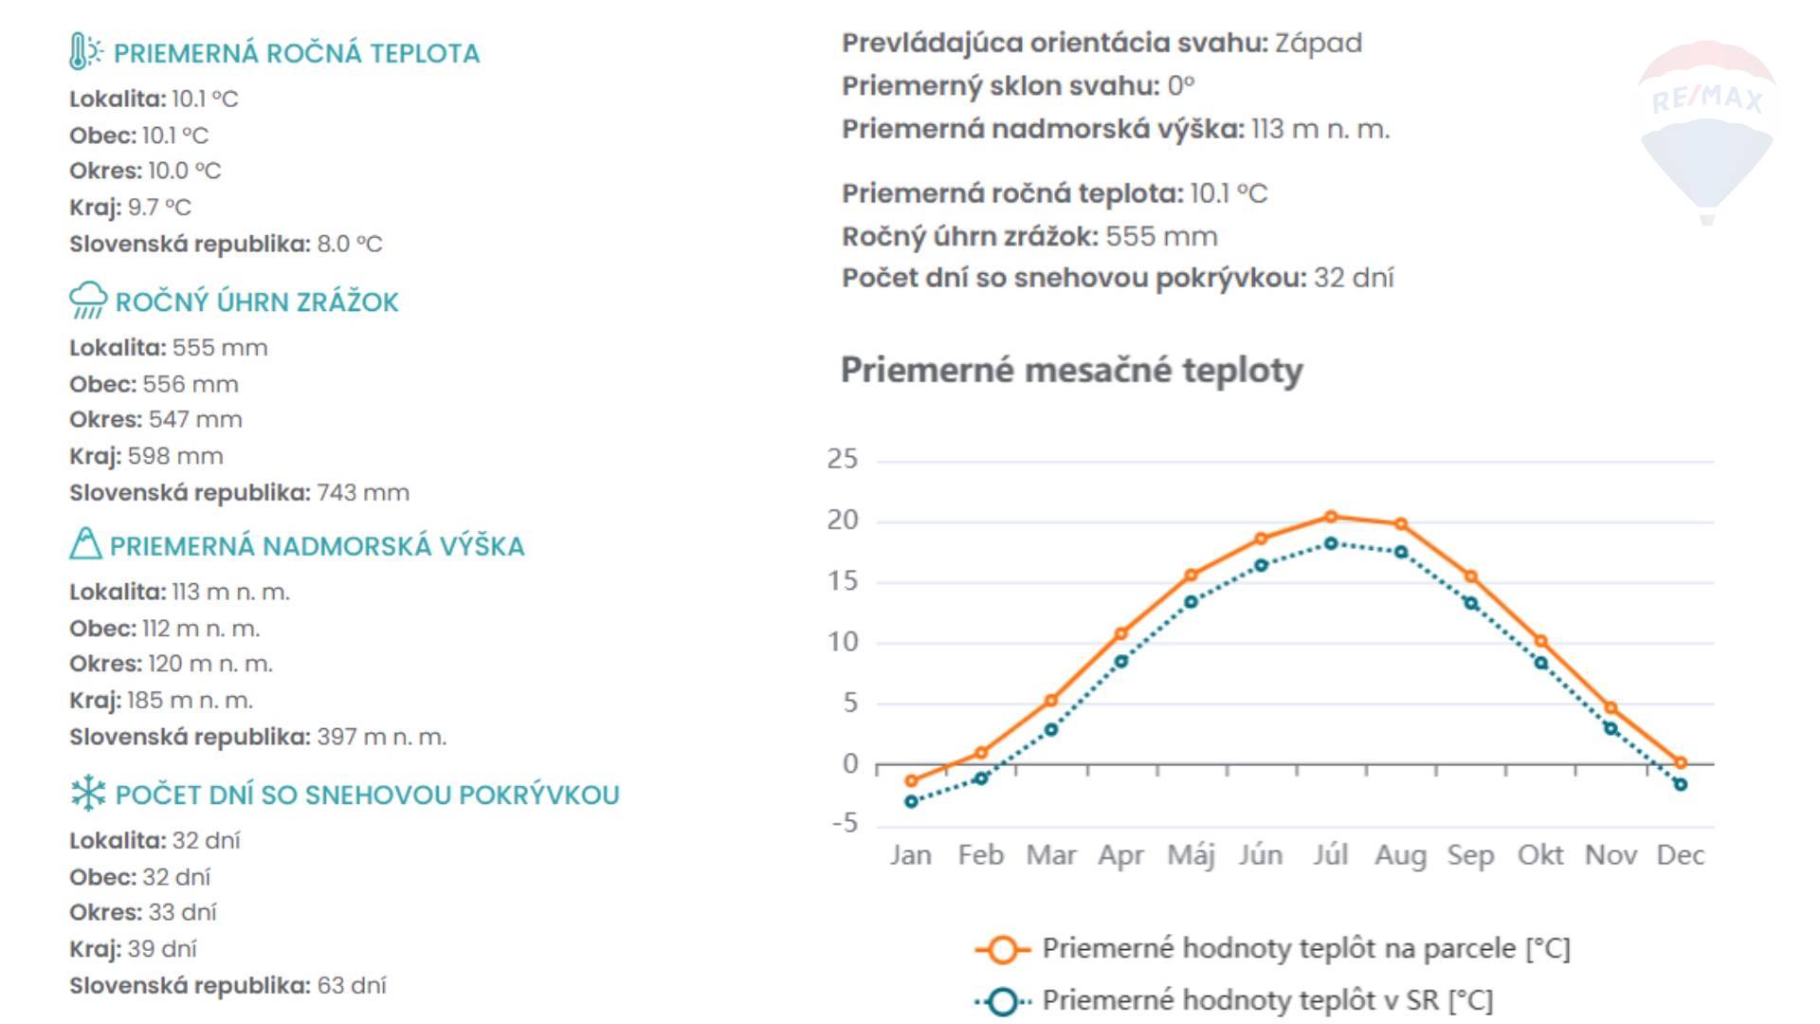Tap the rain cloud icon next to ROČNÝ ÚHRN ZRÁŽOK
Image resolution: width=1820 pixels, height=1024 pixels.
point(88,301)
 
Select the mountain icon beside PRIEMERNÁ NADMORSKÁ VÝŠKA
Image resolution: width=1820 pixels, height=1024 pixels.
point(85,544)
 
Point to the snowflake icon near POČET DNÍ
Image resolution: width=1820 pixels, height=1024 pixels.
point(88,794)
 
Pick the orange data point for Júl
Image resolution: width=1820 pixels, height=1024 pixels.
point(1331,517)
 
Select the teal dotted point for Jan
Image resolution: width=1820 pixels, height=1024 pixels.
point(911,802)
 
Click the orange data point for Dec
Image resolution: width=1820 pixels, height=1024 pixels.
point(1681,762)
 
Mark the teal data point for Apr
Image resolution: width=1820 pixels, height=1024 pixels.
point(1121,662)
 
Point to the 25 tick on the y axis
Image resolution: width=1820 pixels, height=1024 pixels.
point(842,460)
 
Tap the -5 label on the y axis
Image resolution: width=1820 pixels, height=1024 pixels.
point(845,823)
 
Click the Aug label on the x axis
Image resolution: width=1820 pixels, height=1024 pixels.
point(1400,855)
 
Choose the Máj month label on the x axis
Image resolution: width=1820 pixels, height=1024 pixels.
point(1191,855)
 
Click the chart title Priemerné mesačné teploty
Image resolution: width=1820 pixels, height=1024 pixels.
point(1071,370)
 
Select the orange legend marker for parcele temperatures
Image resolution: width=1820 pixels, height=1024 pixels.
point(1002,949)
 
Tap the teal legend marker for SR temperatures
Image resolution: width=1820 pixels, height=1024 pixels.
point(1002,1001)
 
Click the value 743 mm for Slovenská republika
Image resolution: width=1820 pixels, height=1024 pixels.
point(363,493)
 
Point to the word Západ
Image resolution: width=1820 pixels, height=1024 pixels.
point(1318,44)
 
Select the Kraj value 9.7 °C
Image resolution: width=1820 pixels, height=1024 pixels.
point(159,208)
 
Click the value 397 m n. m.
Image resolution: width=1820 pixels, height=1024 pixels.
point(381,738)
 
